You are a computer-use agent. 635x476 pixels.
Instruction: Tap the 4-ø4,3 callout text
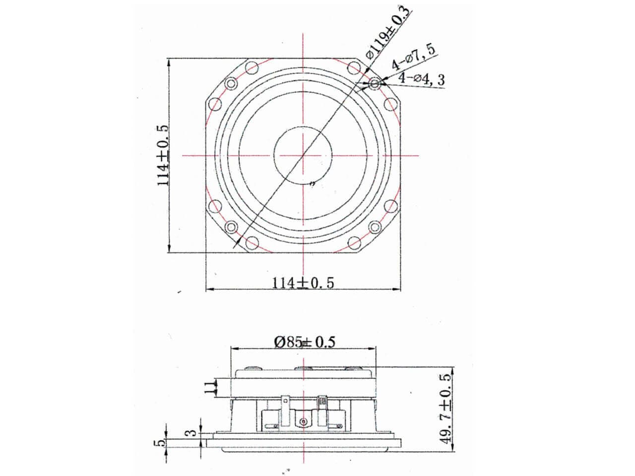421,79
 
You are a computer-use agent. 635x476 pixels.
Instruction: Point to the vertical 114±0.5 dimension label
163,155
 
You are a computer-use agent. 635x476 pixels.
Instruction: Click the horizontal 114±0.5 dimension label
303,283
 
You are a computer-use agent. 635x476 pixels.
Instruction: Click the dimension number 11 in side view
210,387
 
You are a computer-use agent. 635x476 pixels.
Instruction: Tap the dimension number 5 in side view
158,442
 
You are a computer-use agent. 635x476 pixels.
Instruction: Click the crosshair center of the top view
303,155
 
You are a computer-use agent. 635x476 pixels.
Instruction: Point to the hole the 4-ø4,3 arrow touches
375,84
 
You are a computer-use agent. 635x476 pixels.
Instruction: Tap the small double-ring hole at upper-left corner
231,84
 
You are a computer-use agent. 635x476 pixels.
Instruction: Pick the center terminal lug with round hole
303,421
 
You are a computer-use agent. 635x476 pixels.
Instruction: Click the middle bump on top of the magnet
303,368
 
